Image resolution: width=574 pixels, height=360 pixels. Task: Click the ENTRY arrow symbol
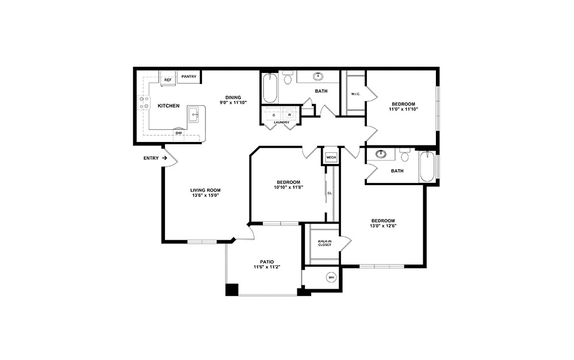click(x=164, y=158)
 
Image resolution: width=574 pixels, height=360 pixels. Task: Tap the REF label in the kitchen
click(x=168, y=80)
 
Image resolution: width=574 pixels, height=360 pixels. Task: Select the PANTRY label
click(x=189, y=76)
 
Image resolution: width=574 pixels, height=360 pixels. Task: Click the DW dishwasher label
click(x=178, y=133)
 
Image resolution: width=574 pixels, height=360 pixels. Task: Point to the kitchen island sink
click(x=195, y=114)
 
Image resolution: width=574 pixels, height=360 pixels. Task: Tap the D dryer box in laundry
click(x=274, y=114)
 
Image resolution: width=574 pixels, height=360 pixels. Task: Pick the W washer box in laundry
click(x=289, y=114)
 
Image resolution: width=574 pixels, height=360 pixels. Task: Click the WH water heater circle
click(x=331, y=278)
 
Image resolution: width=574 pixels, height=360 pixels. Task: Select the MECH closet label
click(x=331, y=157)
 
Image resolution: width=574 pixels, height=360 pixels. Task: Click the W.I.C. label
click(x=355, y=94)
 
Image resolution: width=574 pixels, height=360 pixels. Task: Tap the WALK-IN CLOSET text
click(x=324, y=243)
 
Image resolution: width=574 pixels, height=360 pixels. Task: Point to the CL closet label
click(x=330, y=193)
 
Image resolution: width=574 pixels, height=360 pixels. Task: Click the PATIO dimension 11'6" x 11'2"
click(x=267, y=267)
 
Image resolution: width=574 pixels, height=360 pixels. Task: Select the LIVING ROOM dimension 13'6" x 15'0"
click(x=205, y=196)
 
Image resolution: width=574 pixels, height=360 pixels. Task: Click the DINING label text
click(x=233, y=97)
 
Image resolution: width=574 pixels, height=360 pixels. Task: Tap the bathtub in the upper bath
click(x=270, y=88)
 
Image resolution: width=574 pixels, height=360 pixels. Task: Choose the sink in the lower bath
click(x=381, y=154)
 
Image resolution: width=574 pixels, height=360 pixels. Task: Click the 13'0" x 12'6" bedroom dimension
click(x=382, y=226)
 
